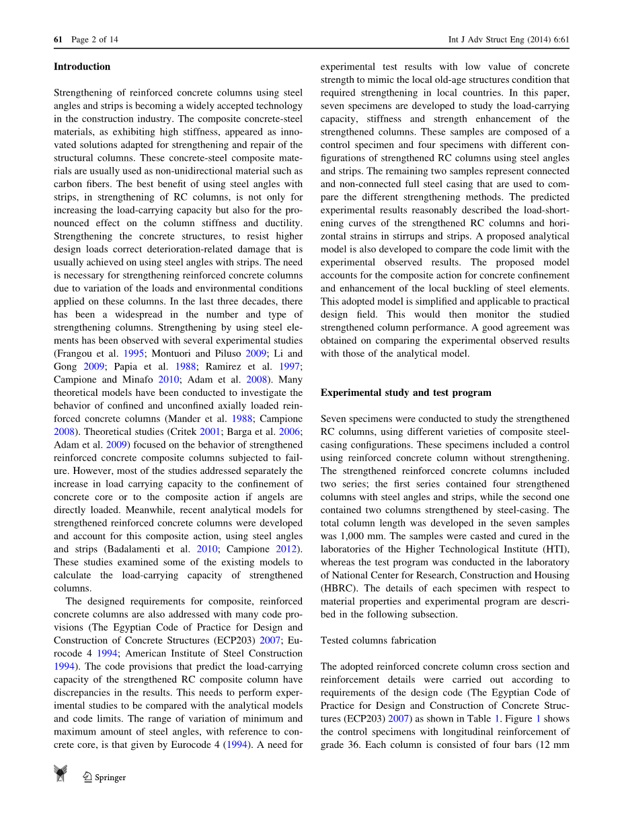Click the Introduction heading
point(81,67)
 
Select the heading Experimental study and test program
point(405,392)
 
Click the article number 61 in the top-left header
point(58,40)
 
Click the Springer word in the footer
point(110,778)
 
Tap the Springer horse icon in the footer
point(61,774)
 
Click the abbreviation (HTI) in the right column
point(555,549)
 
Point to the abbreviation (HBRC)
point(339,588)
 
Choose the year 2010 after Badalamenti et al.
point(206,549)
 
